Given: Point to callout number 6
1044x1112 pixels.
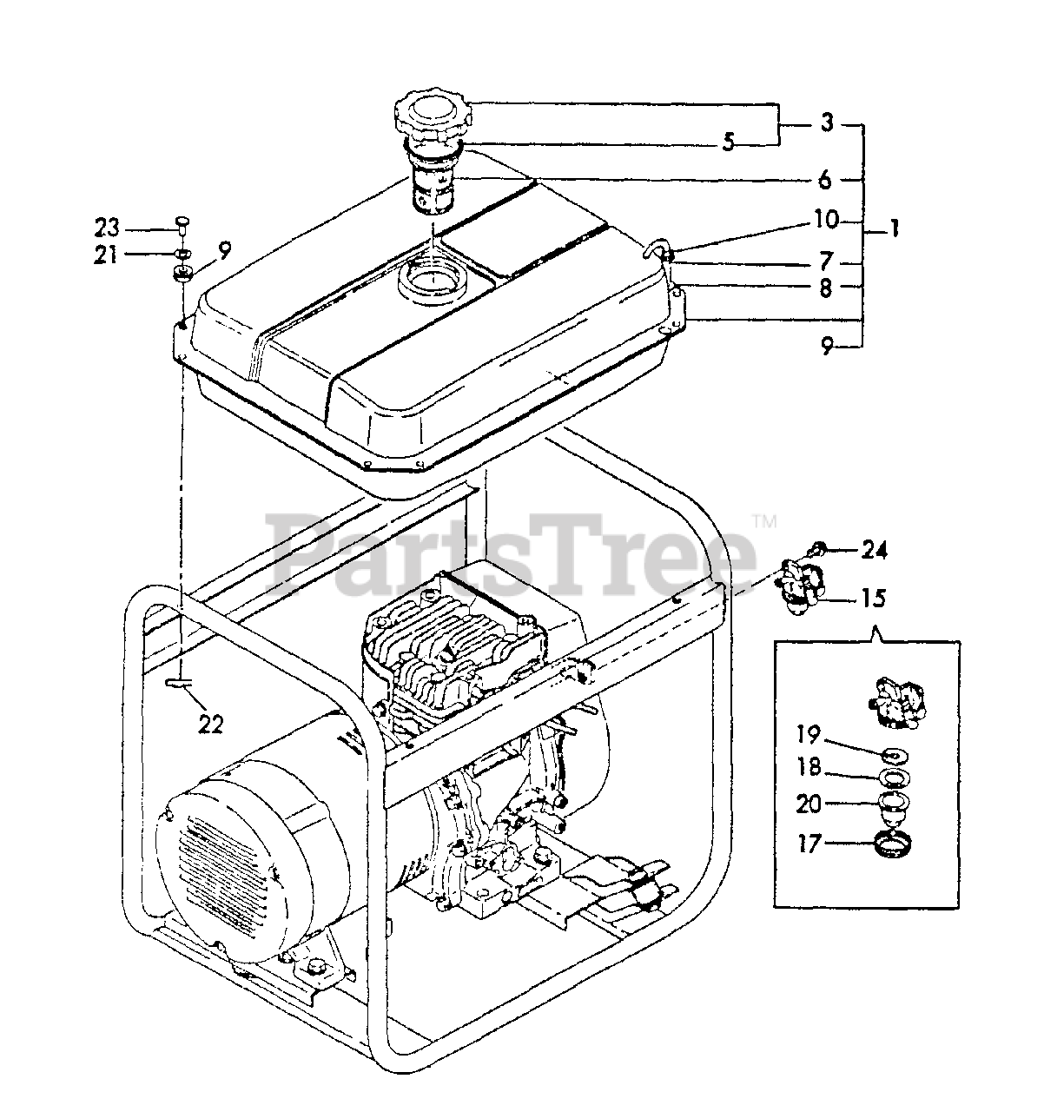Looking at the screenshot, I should [824, 180].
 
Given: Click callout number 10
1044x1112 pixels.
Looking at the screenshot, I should [826, 220].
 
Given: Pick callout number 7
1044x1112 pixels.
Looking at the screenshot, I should [825, 261].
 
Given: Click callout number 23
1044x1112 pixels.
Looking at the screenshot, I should [109, 229].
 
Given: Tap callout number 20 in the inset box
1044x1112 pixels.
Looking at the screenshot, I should [809, 804].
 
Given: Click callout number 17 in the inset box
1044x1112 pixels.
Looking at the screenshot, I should [809, 842].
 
